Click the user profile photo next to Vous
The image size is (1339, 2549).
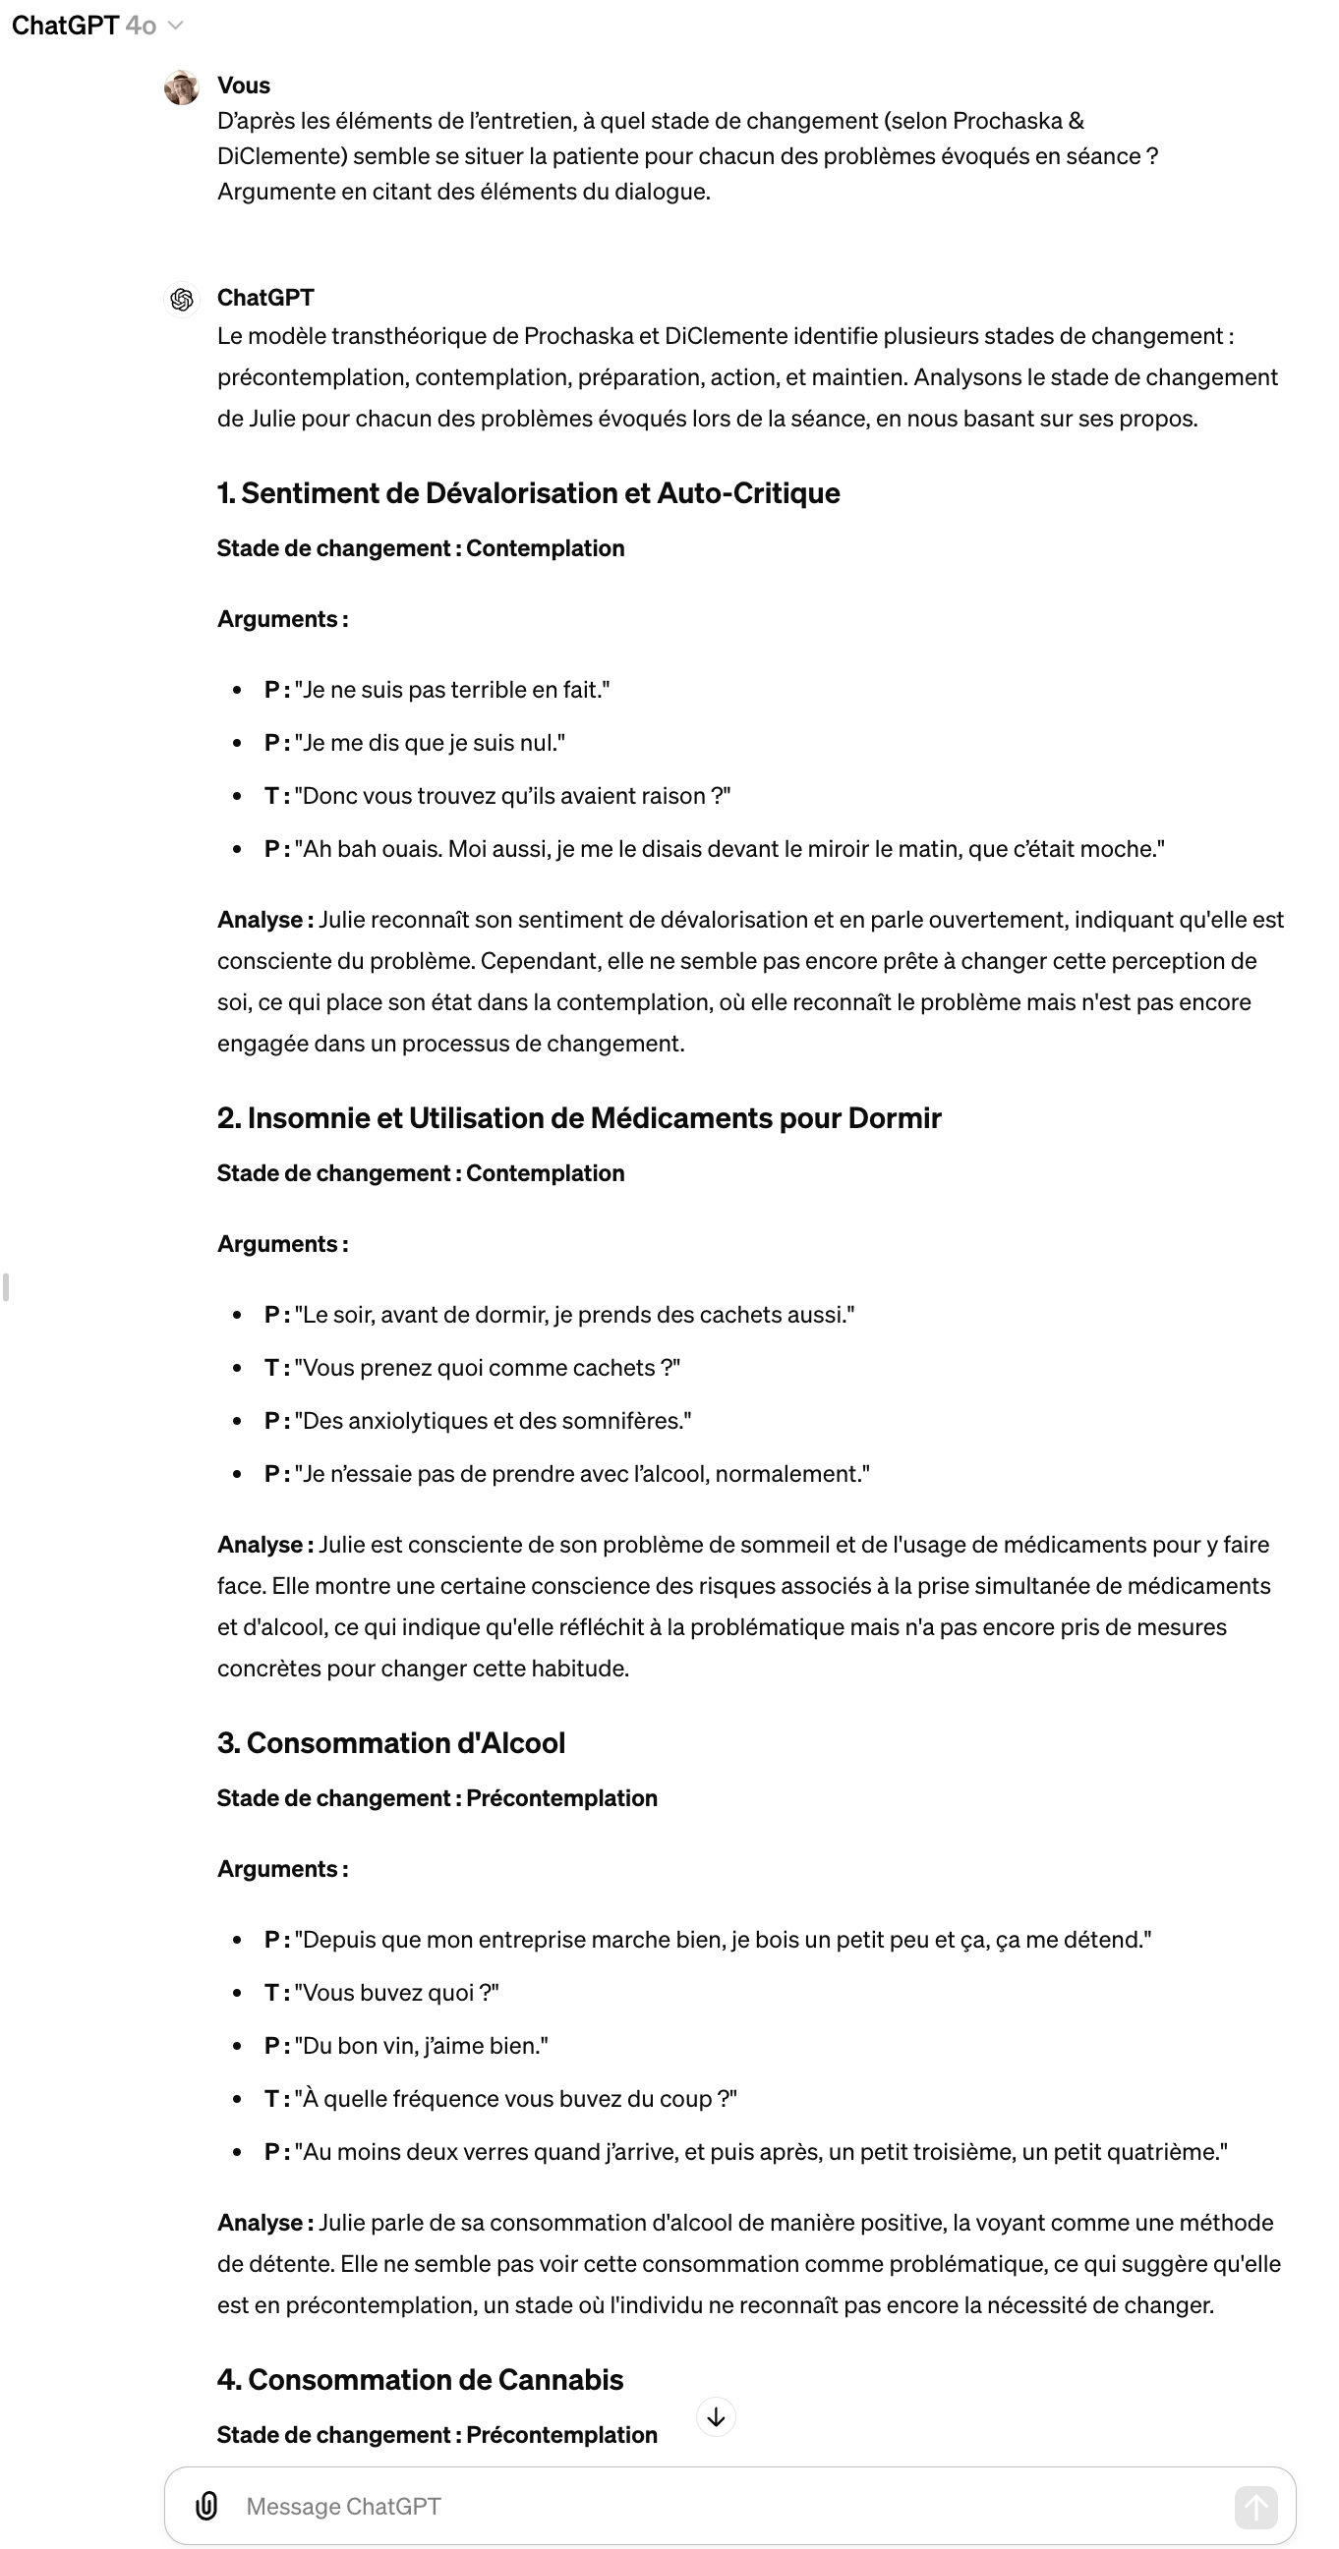(181, 88)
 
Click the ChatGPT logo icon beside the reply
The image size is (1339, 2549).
(182, 299)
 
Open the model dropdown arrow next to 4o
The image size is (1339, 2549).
(176, 26)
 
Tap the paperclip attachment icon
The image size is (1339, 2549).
(205, 2506)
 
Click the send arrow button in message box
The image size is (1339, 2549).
(1254, 2507)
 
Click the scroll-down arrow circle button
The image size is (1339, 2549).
(716, 2417)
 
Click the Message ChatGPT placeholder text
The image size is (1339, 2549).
(343, 2507)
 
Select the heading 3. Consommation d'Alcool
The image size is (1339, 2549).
(391, 1742)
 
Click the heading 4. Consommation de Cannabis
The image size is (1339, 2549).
(420, 2379)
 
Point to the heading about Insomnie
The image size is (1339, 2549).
(579, 1117)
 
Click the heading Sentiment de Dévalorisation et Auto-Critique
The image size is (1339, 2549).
(529, 492)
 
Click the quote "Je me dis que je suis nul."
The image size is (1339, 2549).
(430, 743)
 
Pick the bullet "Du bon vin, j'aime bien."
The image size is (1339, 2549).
(421, 2045)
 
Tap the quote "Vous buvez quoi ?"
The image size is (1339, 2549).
(396, 1992)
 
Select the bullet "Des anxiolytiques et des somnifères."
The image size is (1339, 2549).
(492, 1421)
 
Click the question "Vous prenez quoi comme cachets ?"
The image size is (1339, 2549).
(487, 1368)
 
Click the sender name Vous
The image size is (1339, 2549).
(244, 85)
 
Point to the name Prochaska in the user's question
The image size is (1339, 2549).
(1007, 121)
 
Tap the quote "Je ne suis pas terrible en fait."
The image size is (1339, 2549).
(451, 690)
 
